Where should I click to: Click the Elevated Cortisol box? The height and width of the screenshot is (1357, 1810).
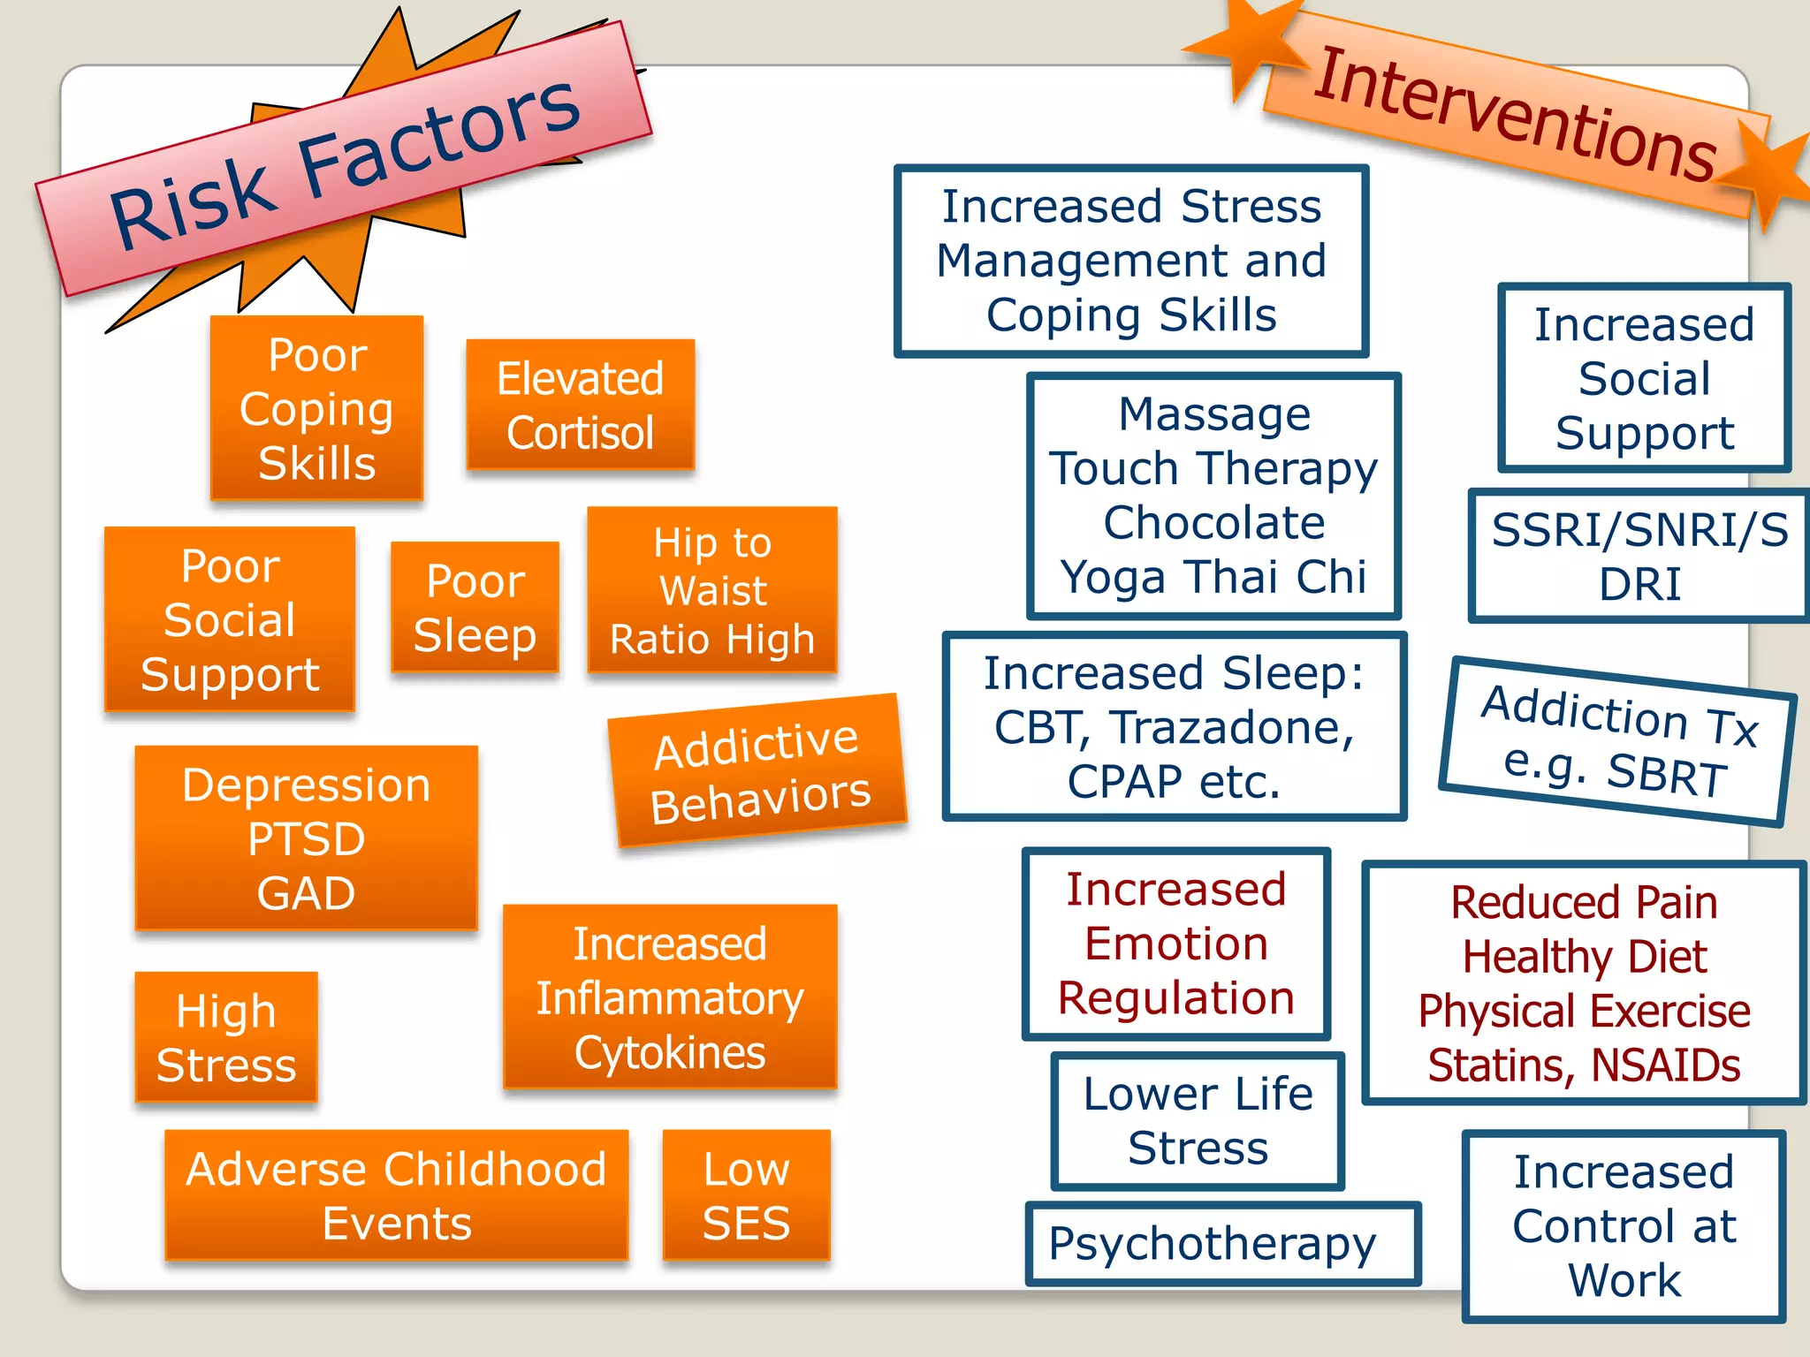click(x=581, y=405)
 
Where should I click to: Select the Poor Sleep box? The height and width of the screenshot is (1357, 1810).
click(x=475, y=608)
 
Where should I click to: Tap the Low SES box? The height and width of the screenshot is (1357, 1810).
click(x=746, y=1195)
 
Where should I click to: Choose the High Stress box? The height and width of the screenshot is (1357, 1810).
click(x=226, y=1037)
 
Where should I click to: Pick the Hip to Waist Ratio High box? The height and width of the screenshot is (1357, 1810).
click(x=712, y=590)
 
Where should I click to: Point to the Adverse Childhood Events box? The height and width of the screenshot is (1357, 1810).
click(x=397, y=1195)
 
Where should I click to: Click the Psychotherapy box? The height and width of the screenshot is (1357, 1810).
click(x=1222, y=1244)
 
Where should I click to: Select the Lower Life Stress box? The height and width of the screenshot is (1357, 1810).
click(x=1198, y=1121)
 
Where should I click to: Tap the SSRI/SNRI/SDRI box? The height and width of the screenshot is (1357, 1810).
click(x=1639, y=556)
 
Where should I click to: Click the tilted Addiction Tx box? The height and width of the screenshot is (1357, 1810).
click(x=1617, y=741)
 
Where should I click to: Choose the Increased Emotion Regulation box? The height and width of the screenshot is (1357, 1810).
click(x=1176, y=944)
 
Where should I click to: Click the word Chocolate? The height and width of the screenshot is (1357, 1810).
click(x=1214, y=522)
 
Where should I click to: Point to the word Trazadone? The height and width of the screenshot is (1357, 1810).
click(x=1233, y=727)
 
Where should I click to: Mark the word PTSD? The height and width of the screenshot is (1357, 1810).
click(x=306, y=838)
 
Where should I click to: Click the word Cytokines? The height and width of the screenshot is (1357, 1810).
click(x=670, y=1053)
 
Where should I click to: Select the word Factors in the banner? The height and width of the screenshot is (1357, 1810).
click(x=439, y=141)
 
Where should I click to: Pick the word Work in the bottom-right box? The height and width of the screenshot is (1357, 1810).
click(x=1624, y=1280)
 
